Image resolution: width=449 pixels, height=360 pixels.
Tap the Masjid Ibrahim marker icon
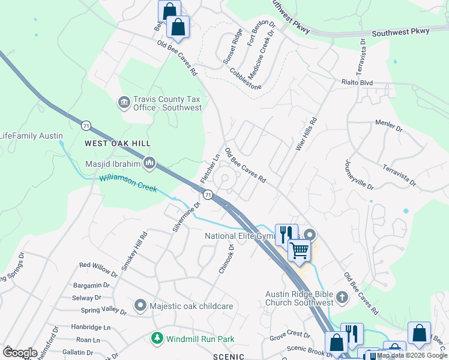[149, 163]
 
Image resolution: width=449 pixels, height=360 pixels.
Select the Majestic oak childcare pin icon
[140, 306]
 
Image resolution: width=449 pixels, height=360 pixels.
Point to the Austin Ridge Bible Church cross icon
[342, 298]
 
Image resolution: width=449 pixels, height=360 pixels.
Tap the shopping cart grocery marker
[299, 250]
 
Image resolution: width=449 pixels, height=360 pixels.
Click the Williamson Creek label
[128, 183]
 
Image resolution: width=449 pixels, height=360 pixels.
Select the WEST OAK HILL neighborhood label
[118, 143]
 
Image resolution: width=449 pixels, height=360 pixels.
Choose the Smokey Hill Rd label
[133, 251]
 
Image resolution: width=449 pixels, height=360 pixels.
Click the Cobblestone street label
[246, 79]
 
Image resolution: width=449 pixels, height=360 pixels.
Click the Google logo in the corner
[20, 353]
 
